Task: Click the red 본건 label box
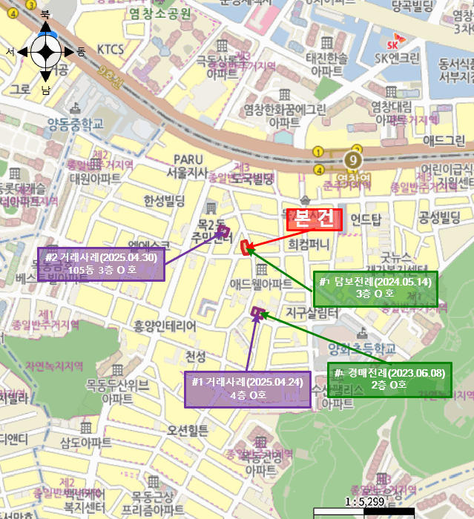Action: [x=314, y=219]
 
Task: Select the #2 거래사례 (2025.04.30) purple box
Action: [x=101, y=265]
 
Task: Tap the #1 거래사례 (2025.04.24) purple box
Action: [x=247, y=389]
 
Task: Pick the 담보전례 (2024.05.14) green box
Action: [x=375, y=288]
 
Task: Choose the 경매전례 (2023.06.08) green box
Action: [x=389, y=379]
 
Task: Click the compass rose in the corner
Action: [x=45, y=52]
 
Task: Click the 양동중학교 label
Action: [x=75, y=125]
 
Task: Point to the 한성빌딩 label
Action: [x=164, y=200]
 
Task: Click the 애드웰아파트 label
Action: [x=260, y=283]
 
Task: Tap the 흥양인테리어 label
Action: [x=165, y=325]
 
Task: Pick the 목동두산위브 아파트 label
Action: [x=118, y=390]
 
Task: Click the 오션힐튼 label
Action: [x=188, y=429]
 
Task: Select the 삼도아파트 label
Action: [x=85, y=442]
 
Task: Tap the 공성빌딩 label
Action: [x=440, y=216]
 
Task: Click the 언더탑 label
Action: [x=365, y=219]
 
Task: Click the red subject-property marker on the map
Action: [x=244, y=247]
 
